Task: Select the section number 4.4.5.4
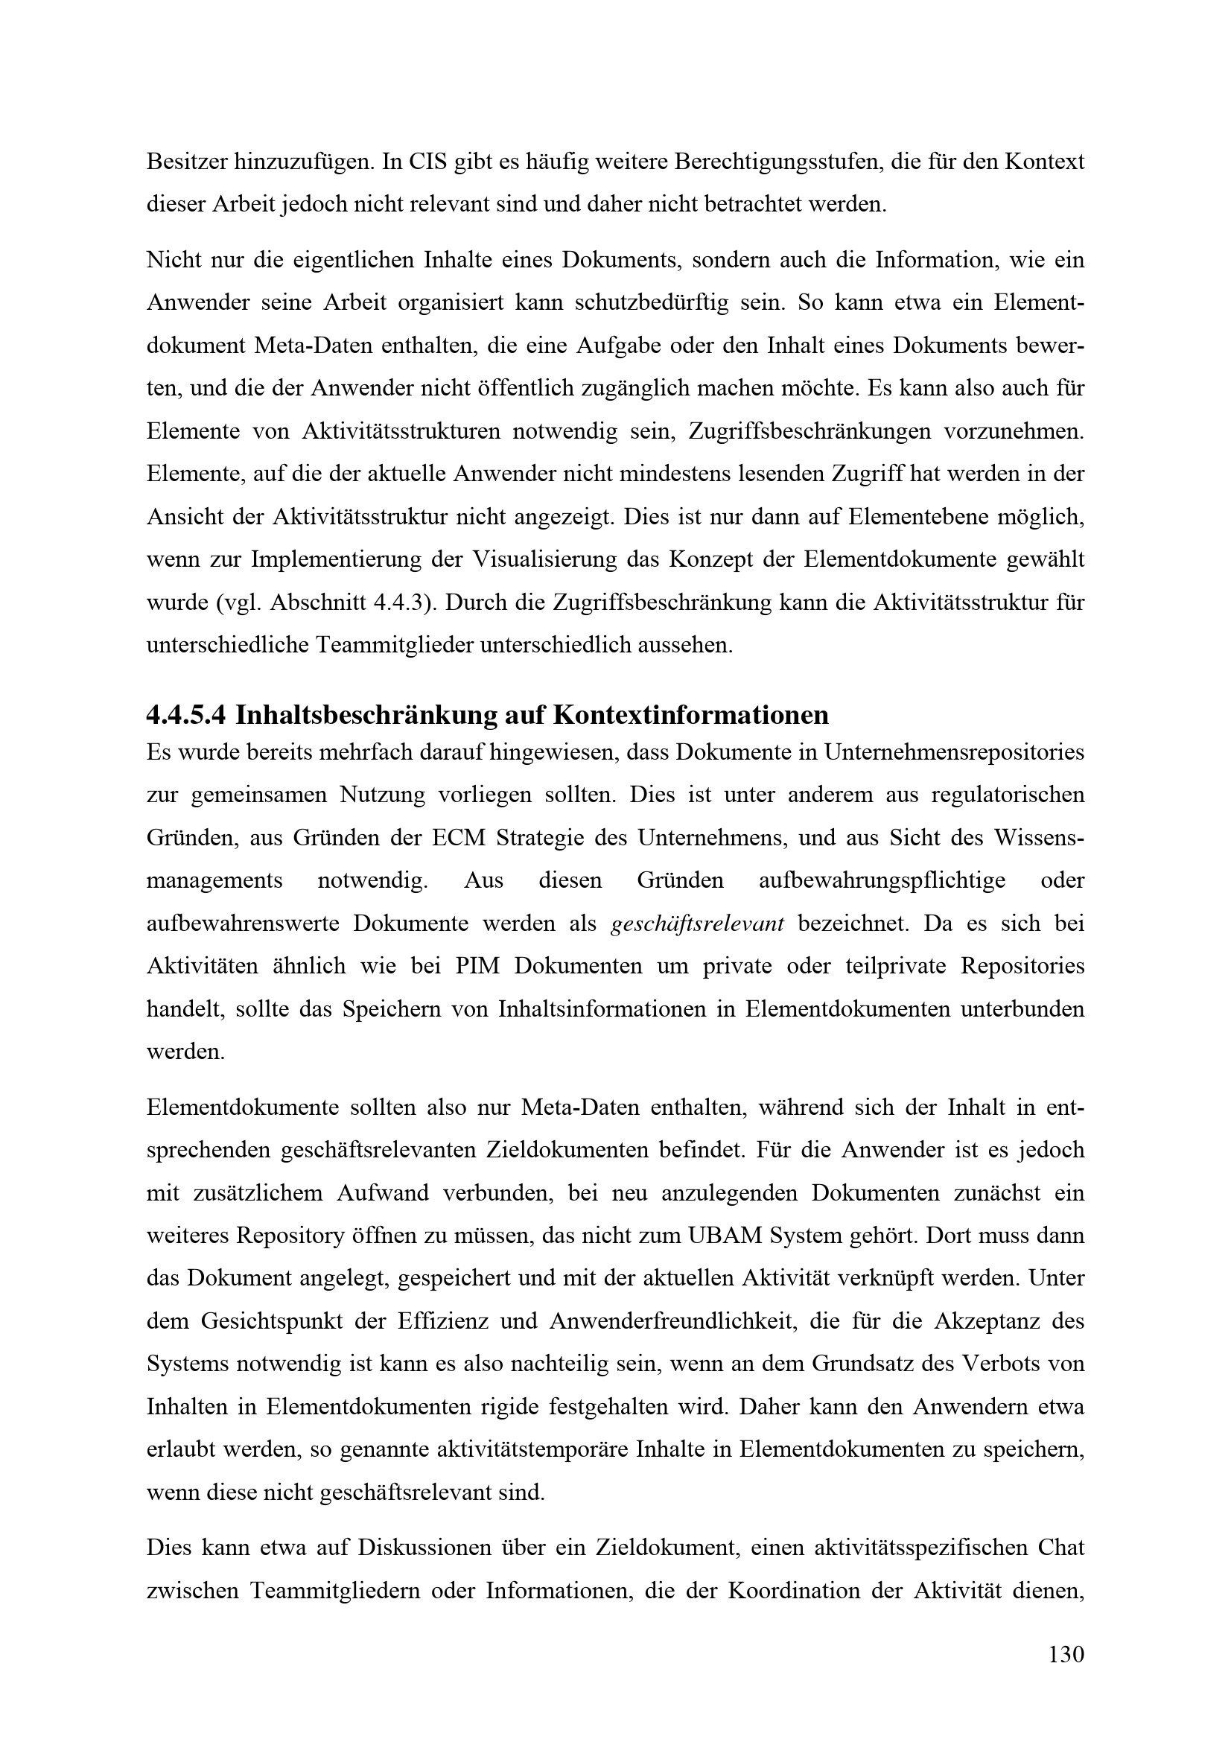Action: click(x=186, y=715)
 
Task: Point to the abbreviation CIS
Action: click(x=427, y=162)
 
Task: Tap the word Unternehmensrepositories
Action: click(x=954, y=753)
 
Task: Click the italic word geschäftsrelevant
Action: click(x=697, y=924)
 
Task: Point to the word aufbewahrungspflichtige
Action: click(x=882, y=881)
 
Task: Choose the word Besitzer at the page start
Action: click(x=184, y=162)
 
